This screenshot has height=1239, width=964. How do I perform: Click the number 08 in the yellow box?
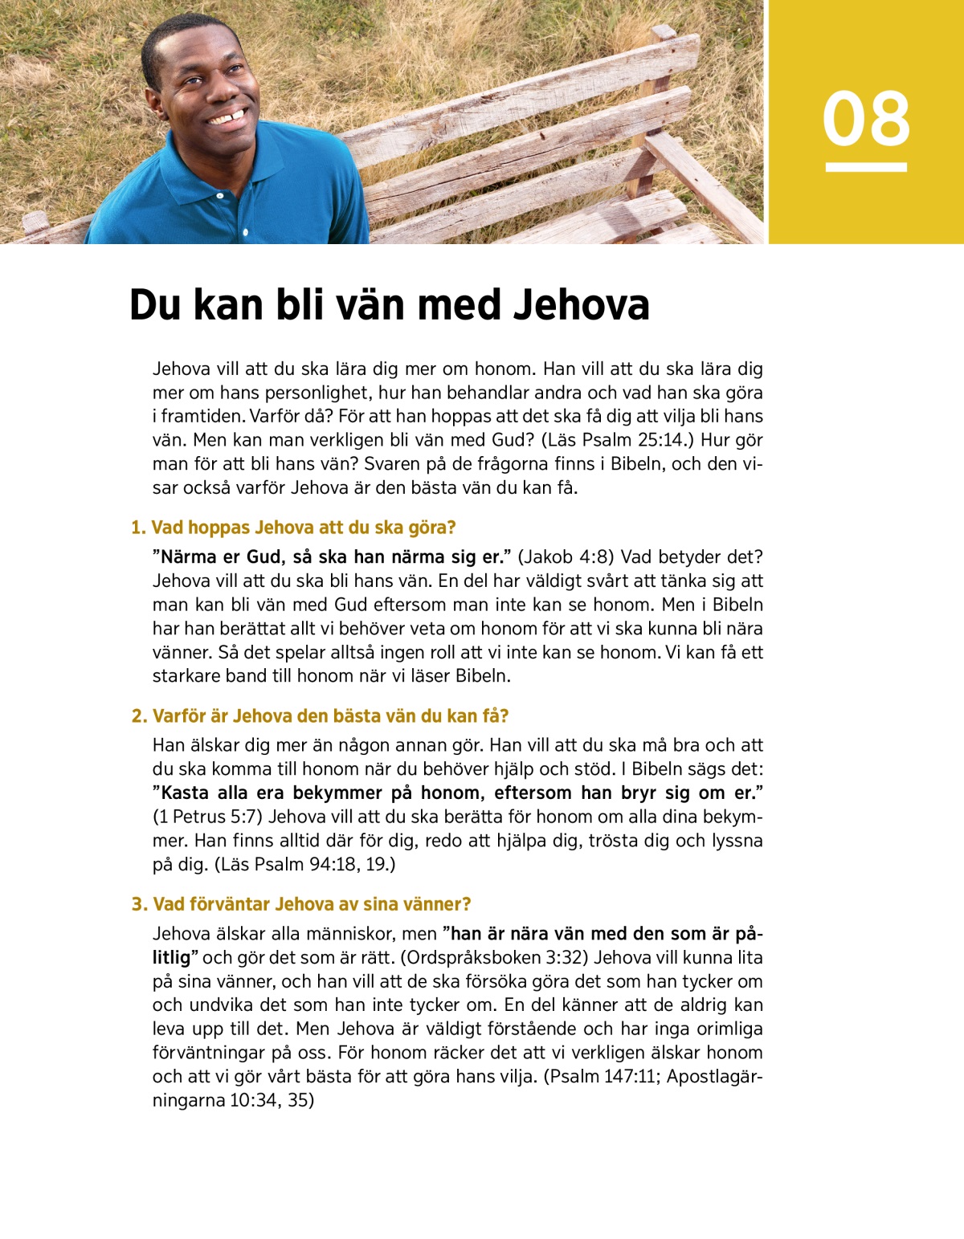tap(866, 119)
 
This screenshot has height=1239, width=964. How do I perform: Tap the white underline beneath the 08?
tap(866, 167)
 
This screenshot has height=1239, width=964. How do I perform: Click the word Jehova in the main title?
tap(581, 305)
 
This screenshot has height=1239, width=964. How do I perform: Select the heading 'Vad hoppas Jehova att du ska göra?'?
tap(293, 528)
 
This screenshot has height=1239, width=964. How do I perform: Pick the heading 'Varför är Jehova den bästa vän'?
tap(320, 715)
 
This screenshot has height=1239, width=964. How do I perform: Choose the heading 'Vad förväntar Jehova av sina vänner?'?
tap(301, 904)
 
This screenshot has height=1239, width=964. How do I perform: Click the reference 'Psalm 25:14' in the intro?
tap(634, 440)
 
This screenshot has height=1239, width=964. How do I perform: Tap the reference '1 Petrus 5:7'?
tap(207, 817)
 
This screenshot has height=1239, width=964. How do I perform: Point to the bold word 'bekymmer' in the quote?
tap(337, 793)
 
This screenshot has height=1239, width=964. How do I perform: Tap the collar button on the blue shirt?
tap(219, 196)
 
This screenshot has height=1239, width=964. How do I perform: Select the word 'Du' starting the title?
tap(152, 305)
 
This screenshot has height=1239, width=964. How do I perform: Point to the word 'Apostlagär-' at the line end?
tap(714, 1076)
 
